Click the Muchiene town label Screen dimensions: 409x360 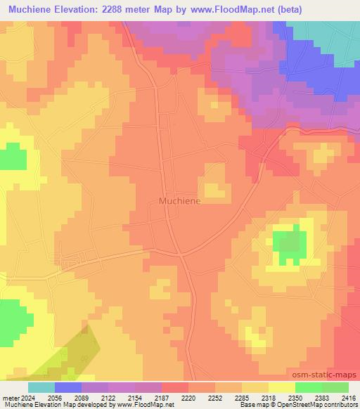(175, 200)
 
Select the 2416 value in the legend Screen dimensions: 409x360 (349, 397)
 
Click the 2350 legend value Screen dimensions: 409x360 (295, 397)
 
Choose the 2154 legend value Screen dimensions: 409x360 (136, 397)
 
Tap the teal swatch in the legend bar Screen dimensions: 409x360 (41, 387)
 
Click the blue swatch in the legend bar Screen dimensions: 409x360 (68, 387)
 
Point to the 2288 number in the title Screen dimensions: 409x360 (146, 8)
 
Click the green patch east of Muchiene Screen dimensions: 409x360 (289, 244)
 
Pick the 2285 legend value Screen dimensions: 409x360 (243, 397)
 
